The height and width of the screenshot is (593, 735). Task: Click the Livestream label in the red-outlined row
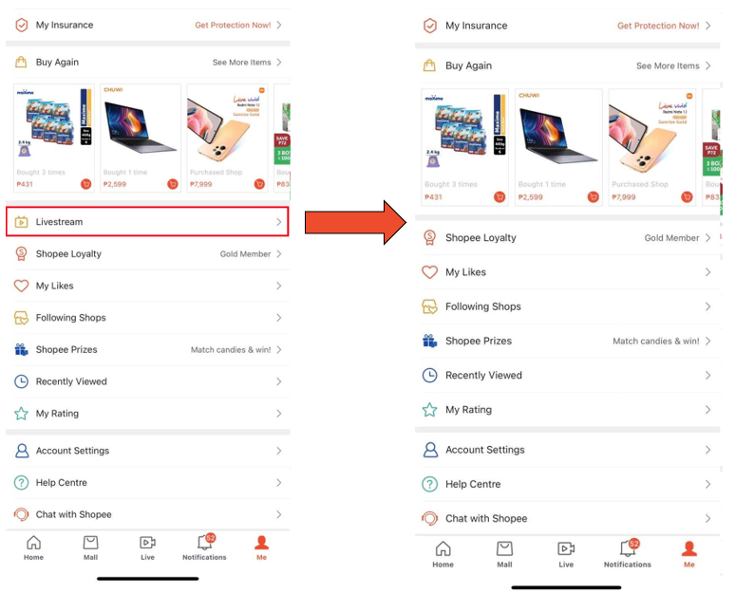(59, 222)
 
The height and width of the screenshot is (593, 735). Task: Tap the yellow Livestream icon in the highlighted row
(21, 222)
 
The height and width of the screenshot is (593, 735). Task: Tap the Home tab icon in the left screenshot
(33, 544)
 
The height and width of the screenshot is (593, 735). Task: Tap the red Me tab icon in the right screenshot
(689, 549)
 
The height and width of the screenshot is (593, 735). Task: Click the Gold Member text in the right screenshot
(671, 238)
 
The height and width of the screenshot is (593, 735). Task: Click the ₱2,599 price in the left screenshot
(115, 184)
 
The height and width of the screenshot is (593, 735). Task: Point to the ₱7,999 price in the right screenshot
(624, 197)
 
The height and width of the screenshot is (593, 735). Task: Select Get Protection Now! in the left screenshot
(233, 25)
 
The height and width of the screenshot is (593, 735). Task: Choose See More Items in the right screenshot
(668, 66)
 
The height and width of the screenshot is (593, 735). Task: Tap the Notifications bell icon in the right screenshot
(628, 548)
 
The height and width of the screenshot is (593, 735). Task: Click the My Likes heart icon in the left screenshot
(21, 286)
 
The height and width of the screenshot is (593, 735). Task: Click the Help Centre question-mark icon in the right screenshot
(429, 484)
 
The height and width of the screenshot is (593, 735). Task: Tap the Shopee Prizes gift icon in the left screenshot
(21, 350)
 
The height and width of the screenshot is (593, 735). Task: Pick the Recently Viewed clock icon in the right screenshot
(429, 376)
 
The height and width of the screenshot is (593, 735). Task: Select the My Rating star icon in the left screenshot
(21, 414)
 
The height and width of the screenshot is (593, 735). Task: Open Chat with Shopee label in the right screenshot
(486, 519)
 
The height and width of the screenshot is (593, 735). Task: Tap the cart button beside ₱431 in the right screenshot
(499, 197)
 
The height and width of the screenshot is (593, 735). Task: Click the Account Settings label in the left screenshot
(72, 451)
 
